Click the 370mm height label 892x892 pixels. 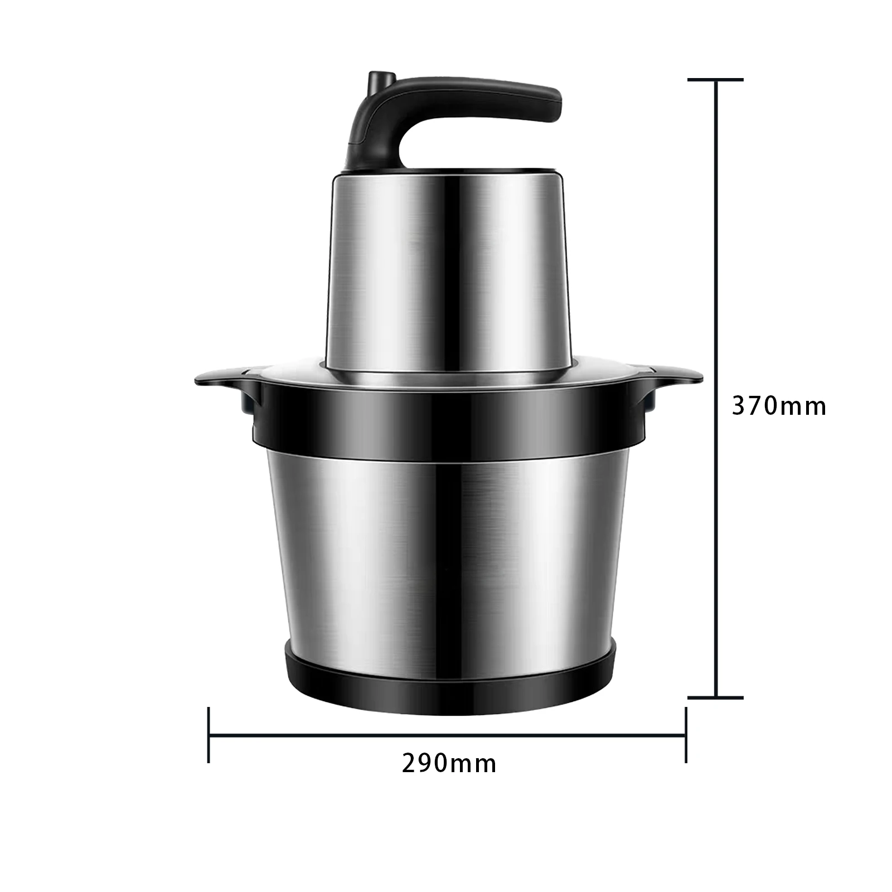click(779, 406)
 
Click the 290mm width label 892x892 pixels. click(449, 763)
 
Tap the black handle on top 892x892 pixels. click(446, 120)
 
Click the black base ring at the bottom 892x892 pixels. click(450, 680)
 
